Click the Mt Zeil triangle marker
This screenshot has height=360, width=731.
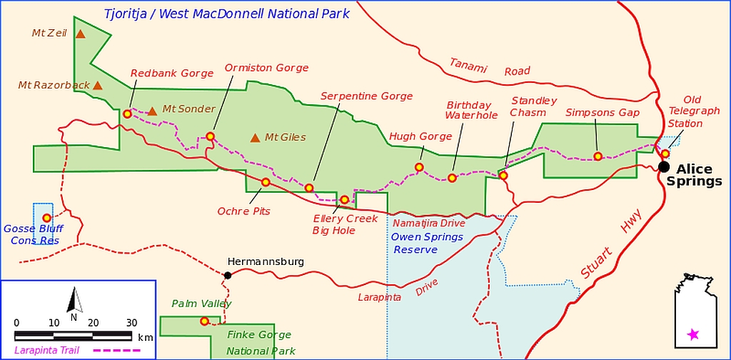81,34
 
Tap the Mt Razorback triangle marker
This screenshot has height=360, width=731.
98,86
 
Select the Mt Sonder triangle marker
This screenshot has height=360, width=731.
152,111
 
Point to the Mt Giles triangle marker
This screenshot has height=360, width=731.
255,137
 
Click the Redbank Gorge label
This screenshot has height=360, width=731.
171,73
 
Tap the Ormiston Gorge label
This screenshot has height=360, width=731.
266,68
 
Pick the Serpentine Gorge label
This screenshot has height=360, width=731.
366,96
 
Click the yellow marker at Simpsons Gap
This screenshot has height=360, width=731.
598,156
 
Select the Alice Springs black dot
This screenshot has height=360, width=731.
664,166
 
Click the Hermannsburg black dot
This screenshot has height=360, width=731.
228,275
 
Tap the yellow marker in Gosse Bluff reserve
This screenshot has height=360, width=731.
47,218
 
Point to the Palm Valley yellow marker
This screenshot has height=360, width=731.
204,321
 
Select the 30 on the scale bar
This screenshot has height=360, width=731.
131,322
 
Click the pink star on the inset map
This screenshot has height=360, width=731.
692,334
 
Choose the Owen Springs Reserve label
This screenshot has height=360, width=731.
428,243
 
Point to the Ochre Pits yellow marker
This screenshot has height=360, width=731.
266,182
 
